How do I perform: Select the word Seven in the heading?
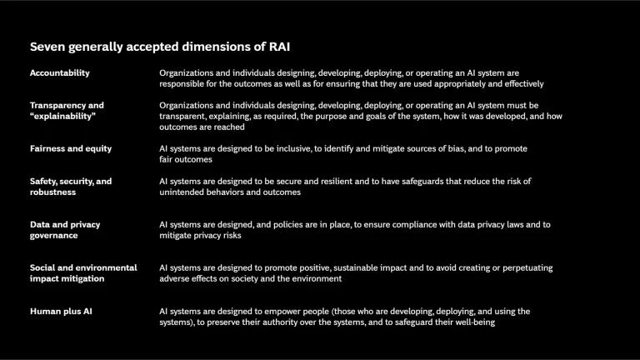[48, 47]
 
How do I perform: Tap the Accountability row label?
[60, 73]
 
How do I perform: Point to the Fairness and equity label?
[71, 149]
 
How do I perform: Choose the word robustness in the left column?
[53, 192]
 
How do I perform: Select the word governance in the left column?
[54, 236]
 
